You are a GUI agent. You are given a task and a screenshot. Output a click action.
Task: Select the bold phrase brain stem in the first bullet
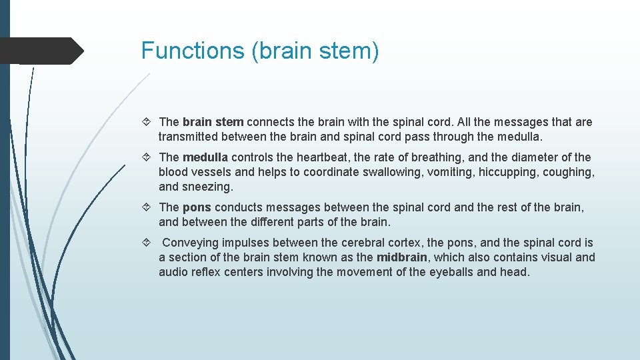[x=213, y=122]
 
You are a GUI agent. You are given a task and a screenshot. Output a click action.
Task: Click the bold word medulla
[x=205, y=157]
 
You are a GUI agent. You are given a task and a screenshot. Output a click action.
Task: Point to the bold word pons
[x=197, y=207]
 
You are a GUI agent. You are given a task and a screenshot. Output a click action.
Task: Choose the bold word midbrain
[x=401, y=257]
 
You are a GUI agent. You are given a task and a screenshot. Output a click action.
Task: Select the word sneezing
[x=207, y=187]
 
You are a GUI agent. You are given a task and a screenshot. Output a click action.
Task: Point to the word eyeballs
[x=453, y=272]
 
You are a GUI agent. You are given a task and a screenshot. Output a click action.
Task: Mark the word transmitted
[x=187, y=137]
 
